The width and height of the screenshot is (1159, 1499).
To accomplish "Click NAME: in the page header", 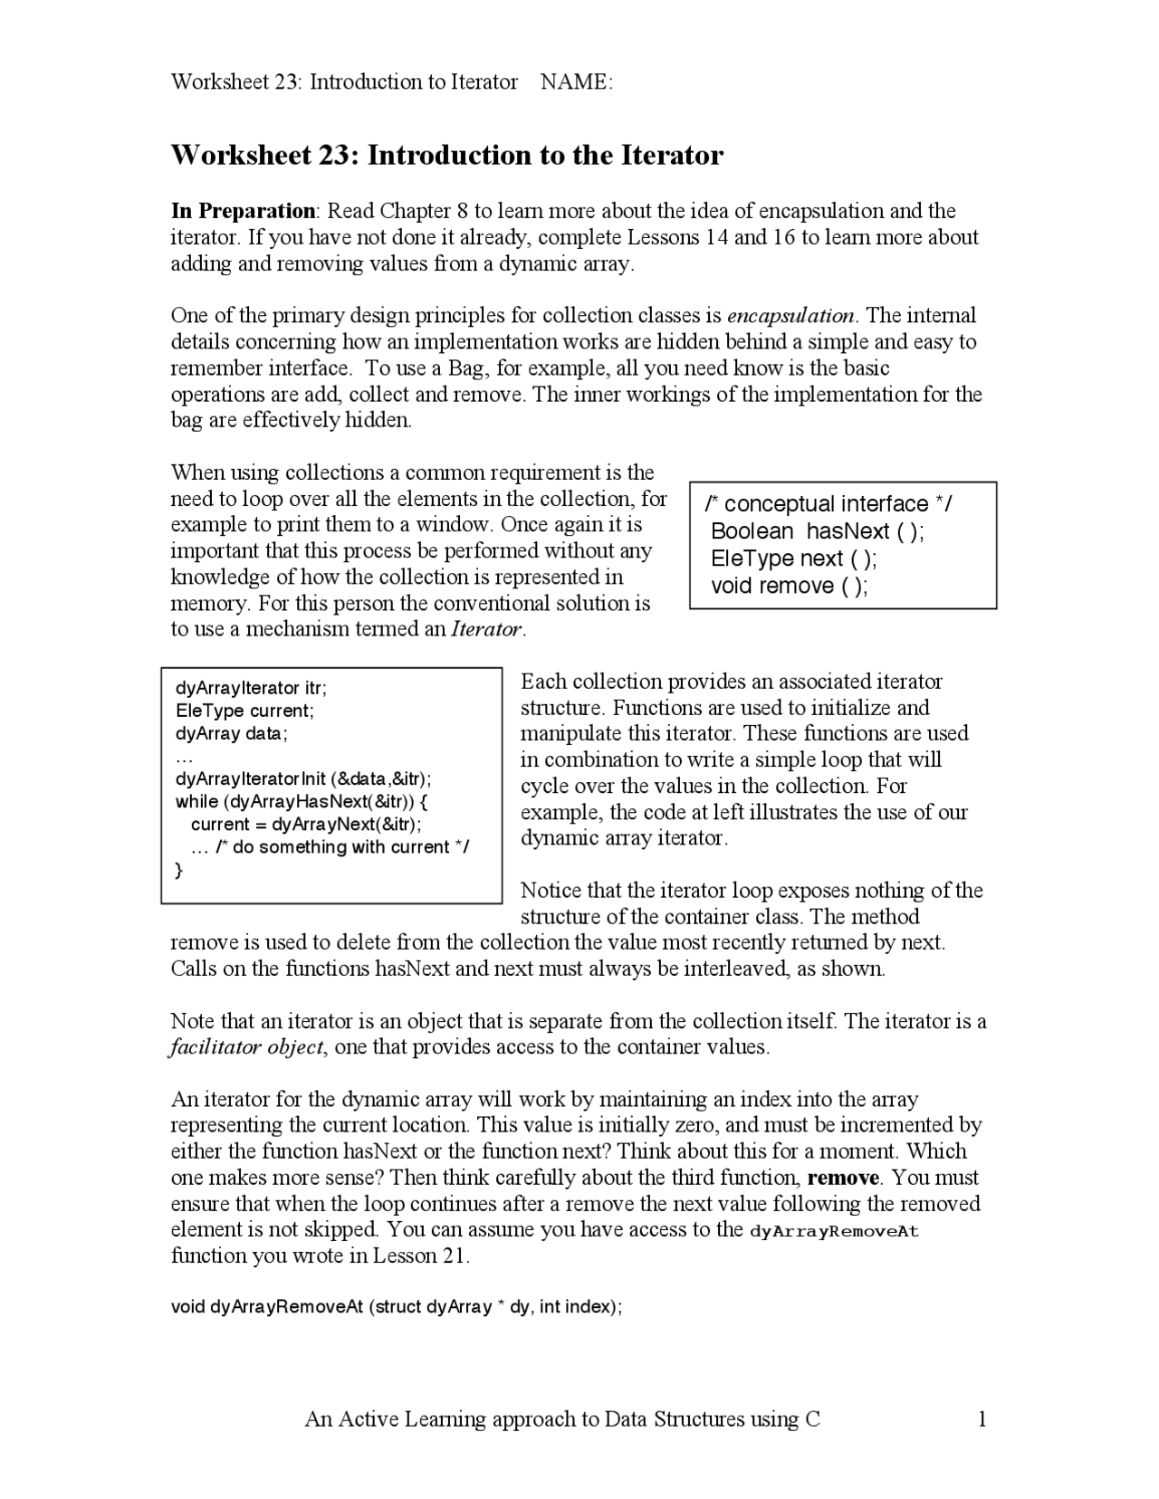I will pos(576,82).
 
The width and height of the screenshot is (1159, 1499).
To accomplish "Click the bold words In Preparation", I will pos(243,211).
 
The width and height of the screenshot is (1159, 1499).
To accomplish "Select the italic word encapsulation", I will pos(791,316).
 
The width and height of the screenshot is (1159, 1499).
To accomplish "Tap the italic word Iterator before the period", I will pos(486,629).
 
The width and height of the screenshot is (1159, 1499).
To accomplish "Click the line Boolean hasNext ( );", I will pos(818,531).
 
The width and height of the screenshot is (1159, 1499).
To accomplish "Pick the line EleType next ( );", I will pos(793,559).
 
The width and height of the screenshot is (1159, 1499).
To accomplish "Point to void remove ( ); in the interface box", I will pos(789,586).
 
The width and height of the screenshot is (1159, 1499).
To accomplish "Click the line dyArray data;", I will pos(231,733).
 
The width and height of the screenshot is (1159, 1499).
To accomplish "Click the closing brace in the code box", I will pos(178,870).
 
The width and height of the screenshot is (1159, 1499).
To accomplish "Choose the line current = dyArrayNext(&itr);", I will pos(306,824).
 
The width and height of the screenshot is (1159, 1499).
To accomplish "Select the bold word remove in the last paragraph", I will pos(842,1178).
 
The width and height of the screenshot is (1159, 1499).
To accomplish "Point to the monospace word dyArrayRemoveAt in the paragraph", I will pos(834,1231).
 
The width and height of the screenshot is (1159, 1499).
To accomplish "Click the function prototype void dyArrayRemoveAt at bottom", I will pos(396,1307).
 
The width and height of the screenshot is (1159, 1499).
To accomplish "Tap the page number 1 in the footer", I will pos(982,1419).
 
